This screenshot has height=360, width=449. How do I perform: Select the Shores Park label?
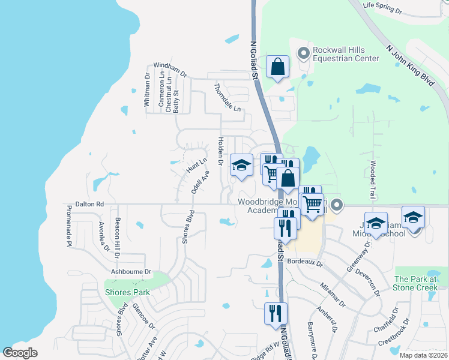tap(127, 292)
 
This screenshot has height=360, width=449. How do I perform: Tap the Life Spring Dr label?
tap(385, 8)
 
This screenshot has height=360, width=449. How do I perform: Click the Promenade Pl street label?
tap(69, 224)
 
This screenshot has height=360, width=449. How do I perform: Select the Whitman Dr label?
tap(147, 89)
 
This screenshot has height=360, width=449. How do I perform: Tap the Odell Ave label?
tap(200, 182)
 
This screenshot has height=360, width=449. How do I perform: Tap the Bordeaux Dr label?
tap(305, 262)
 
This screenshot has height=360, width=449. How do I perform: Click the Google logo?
tap(20, 352)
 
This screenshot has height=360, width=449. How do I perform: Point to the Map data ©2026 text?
tap(423, 355)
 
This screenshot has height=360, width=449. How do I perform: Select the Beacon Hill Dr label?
tap(118, 238)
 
